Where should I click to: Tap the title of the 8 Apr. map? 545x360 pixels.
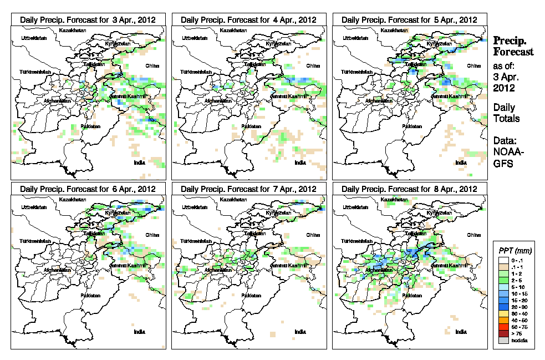click(409, 189)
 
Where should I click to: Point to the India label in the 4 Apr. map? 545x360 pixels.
click(300, 163)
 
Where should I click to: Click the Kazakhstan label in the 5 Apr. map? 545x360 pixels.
click(395, 29)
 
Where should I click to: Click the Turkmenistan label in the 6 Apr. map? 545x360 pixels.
click(35, 242)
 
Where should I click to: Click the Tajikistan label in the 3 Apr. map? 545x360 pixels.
click(94, 64)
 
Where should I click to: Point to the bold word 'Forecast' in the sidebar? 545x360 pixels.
click(513, 52)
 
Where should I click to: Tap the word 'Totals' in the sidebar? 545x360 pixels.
click(506, 119)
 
